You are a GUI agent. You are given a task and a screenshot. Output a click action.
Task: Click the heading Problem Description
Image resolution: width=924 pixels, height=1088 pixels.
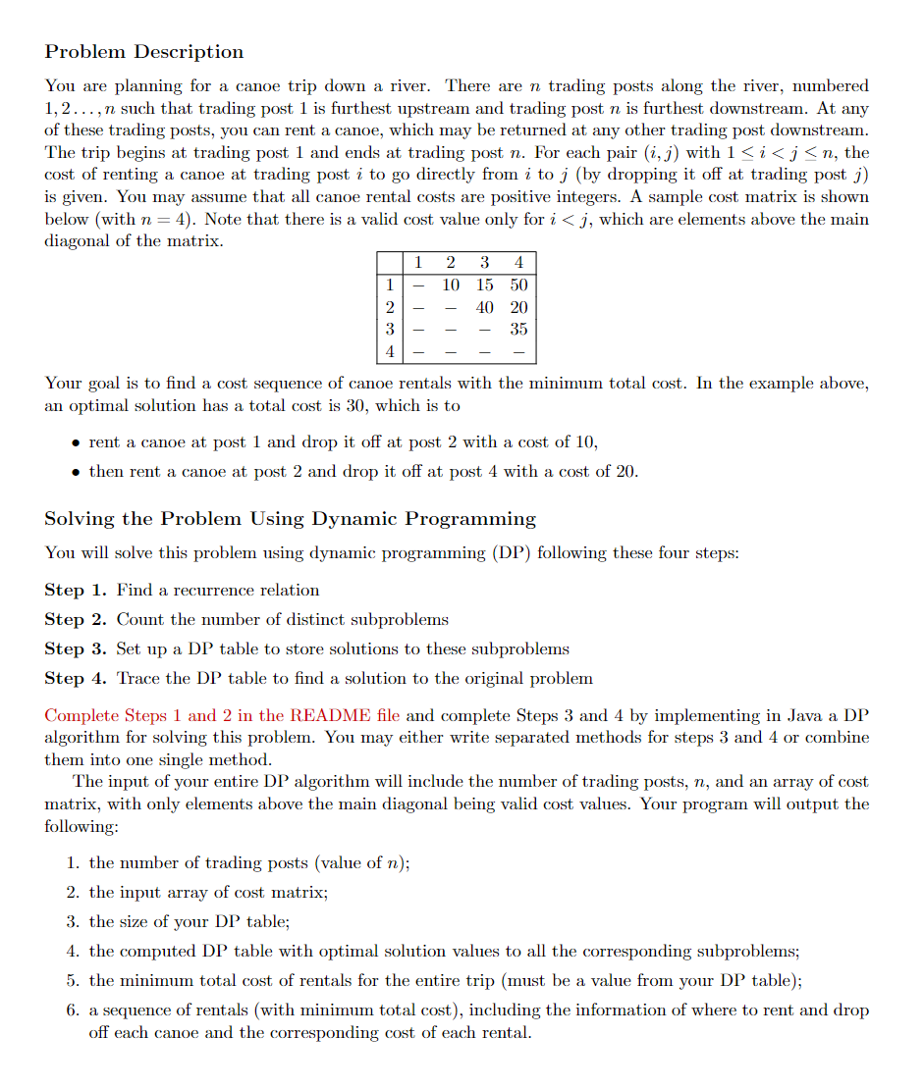click(x=144, y=52)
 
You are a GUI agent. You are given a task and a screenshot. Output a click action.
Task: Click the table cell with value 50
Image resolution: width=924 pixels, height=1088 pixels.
click(x=518, y=285)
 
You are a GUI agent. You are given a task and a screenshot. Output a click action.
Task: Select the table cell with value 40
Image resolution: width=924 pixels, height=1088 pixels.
click(x=485, y=307)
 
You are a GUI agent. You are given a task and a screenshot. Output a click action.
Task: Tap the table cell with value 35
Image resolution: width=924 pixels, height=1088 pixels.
click(x=518, y=329)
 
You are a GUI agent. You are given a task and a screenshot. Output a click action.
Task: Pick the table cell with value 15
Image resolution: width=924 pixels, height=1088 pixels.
click(x=485, y=285)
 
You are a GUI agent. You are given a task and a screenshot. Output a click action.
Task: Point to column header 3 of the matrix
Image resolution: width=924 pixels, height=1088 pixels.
click(x=485, y=262)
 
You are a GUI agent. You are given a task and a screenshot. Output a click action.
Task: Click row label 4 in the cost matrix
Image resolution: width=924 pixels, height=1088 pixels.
click(x=390, y=351)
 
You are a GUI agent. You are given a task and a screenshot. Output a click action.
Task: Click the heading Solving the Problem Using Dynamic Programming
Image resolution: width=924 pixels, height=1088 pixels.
click(x=291, y=519)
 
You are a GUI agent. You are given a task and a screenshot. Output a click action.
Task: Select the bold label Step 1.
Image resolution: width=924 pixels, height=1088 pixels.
click(x=76, y=591)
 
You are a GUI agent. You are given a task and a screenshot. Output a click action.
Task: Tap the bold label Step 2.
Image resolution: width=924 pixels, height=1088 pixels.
click(x=76, y=620)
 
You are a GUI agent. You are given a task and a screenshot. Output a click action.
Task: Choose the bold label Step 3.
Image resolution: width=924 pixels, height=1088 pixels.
click(x=76, y=649)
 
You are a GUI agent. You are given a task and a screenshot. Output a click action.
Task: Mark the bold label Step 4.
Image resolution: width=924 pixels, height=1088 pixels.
click(x=76, y=679)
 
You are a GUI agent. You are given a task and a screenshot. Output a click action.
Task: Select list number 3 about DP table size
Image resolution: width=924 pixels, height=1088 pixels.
click(x=73, y=922)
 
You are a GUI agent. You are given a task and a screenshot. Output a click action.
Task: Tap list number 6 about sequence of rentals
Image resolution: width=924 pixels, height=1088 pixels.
click(x=73, y=1010)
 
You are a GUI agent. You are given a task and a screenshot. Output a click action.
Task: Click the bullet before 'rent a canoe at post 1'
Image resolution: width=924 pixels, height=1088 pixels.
click(x=75, y=443)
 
